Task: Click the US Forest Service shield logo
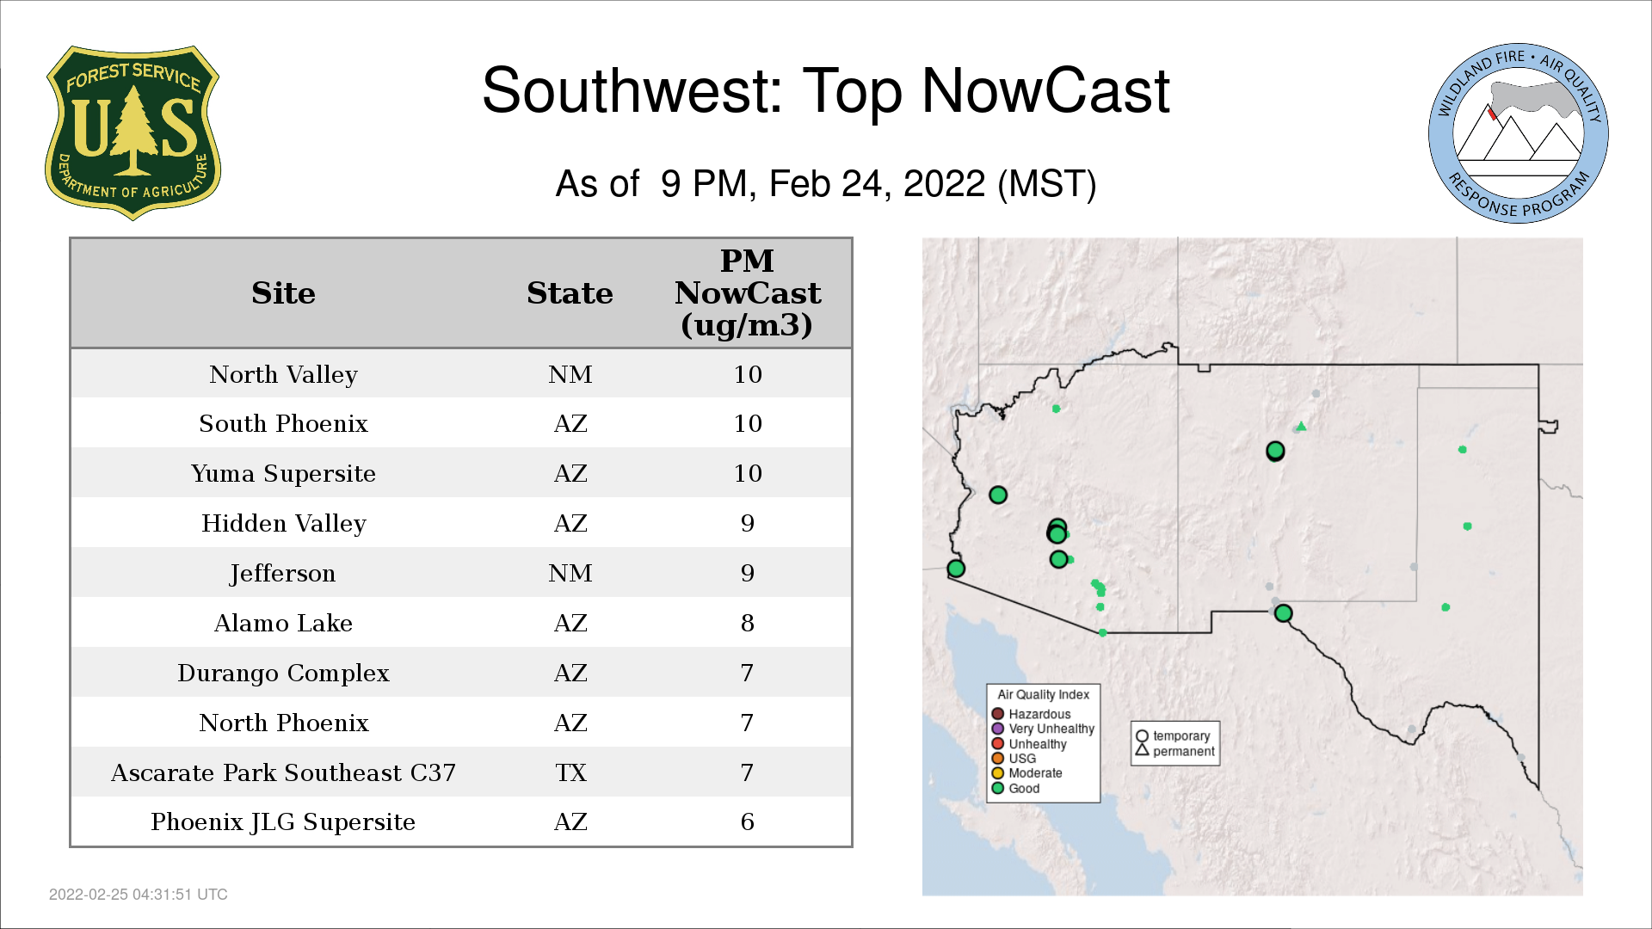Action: pos(133,132)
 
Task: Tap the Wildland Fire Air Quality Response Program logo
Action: pos(1519,133)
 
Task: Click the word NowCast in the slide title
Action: pos(1045,90)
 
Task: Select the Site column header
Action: pos(283,293)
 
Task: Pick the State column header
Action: pos(570,293)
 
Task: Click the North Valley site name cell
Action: pos(283,375)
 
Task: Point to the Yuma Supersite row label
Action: pos(283,474)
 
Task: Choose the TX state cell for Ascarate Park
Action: pos(570,772)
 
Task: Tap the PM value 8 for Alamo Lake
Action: pos(747,623)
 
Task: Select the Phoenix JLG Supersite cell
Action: pos(283,822)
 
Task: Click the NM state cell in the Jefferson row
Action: pos(570,573)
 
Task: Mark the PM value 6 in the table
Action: pos(747,821)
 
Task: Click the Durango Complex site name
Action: pos(283,674)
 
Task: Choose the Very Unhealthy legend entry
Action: pos(1043,729)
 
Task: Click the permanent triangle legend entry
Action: pos(1175,751)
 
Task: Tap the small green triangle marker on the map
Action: pos(1302,426)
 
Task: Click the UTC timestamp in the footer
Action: pos(139,895)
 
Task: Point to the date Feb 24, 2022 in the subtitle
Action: pos(877,184)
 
